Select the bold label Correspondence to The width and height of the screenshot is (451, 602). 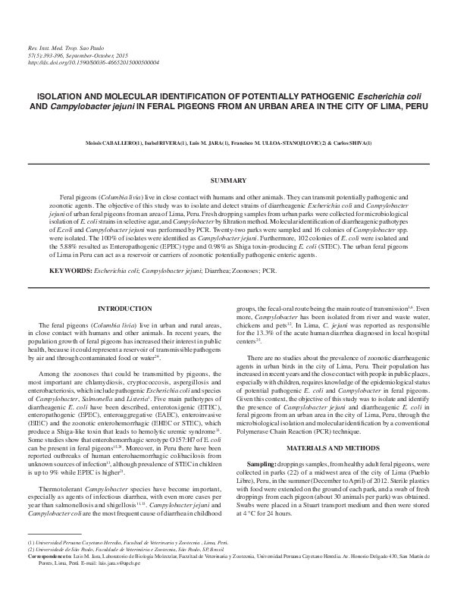tap(49, 557)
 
